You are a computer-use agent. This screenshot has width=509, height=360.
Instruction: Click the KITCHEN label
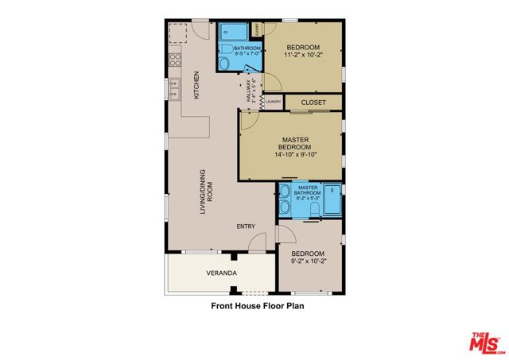coord(196,86)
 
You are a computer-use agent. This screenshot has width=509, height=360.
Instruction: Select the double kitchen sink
coord(173,86)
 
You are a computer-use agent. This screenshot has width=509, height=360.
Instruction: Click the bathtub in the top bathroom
coord(235,33)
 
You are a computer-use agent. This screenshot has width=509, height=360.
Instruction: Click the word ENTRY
coord(246,226)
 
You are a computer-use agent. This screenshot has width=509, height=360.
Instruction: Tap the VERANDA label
coord(221,273)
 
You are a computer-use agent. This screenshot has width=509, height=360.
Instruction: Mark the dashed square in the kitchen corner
coord(179,33)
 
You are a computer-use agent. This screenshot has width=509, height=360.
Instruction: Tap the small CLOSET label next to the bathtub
coord(257,28)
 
